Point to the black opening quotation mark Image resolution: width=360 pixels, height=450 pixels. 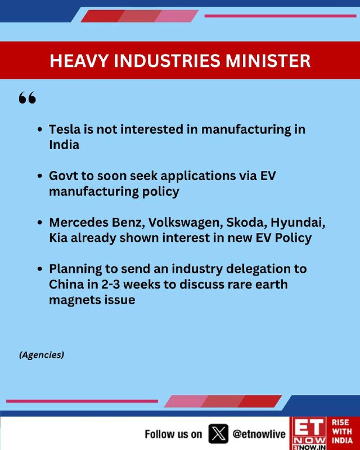click(x=28, y=97)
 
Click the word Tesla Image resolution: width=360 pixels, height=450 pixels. click(x=65, y=129)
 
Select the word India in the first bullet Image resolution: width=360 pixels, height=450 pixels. click(x=64, y=145)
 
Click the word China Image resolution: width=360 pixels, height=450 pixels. click(x=64, y=284)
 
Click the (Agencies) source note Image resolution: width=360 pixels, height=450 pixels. click(x=42, y=355)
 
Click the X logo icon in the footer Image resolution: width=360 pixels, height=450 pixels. click(x=218, y=434)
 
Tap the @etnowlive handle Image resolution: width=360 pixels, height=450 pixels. click(x=259, y=434)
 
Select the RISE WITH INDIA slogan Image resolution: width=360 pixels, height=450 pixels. click(x=342, y=431)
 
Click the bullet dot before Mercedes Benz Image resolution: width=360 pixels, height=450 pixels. click(x=40, y=223)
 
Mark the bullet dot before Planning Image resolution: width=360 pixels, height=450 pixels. click(x=40, y=269)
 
